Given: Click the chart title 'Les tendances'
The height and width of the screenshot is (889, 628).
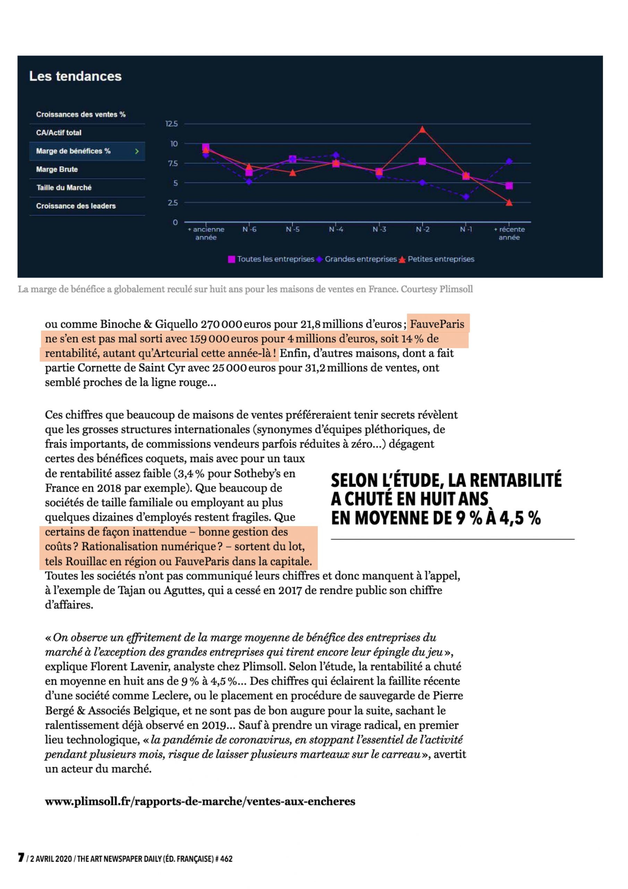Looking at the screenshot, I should point(75,76).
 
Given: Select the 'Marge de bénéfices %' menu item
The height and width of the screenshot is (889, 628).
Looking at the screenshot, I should point(74,151).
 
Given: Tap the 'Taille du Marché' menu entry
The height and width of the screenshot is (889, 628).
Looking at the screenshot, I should point(64,188).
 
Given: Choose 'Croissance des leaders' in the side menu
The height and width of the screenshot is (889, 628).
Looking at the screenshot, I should point(76,206).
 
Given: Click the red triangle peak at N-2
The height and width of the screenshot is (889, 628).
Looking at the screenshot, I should point(423,129).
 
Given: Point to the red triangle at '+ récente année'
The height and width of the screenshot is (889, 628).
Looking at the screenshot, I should point(509,202).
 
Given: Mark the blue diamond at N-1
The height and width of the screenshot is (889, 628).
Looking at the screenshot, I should point(466,197).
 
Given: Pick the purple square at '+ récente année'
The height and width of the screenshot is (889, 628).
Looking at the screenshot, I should point(509,186).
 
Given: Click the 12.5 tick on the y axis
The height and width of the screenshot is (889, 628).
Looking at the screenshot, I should point(171,124).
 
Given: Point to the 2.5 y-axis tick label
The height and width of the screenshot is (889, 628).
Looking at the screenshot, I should point(172,203).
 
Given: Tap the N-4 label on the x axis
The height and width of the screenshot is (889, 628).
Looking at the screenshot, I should point(336,230).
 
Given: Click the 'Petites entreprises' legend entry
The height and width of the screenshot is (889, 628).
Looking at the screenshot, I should point(441,259).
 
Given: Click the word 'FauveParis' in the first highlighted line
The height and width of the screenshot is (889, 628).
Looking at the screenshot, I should point(437,324).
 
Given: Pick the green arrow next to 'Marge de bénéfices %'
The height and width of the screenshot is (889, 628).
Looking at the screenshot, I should point(137,151).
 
